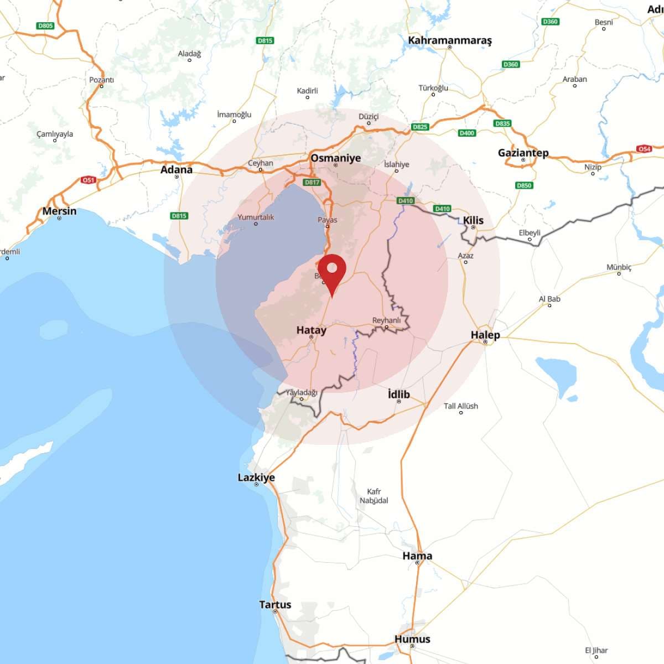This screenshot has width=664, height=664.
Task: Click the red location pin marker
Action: pyautogui.click(x=332, y=271)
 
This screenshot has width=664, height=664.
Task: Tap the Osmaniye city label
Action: pyautogui.click(x=335, y=158)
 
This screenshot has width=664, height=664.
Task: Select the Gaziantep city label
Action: pyautogui.click(x=523, y=153)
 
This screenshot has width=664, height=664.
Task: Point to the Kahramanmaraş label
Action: pyautogui.click(x=449, y=40)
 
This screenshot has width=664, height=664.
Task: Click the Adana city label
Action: pyautogui.click(x=176, y=169)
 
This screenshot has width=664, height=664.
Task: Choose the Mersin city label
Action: pyautogui.click(x=59, y=211)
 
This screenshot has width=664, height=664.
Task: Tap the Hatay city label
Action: pyautogui.click(x=311, y=330)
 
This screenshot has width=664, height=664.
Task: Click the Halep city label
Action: pyautogui.click(x=485, y=335)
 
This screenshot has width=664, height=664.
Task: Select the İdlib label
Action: pyautogui.click(x=398, y=394)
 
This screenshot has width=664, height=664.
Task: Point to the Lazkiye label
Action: pyautogui.click(x=256, y=478)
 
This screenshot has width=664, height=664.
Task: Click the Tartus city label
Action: pyautogui.click(x=275, y=605)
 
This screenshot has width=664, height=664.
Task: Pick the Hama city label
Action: pyautogui.click(x=417, y=556)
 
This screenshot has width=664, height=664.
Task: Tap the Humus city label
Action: pyautogui.click(x=412, y=639)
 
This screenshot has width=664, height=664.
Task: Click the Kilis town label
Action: pyautogui.click(x=473, y=220)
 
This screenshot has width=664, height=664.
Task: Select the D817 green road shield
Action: pyautogui.click(x=312, y=182)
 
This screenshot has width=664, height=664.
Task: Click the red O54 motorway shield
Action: pyautogui.click(x=644, y=149)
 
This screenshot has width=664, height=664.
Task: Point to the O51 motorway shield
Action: pyautogui.click(x=89, y=180)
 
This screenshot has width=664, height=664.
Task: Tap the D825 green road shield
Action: pyautogui.click(x=420, y=127)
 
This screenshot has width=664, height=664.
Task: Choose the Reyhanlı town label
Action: pyautogui.click(x=386, y=320)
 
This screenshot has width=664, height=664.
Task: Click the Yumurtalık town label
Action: pyautogui.click(x=256, y=217)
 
